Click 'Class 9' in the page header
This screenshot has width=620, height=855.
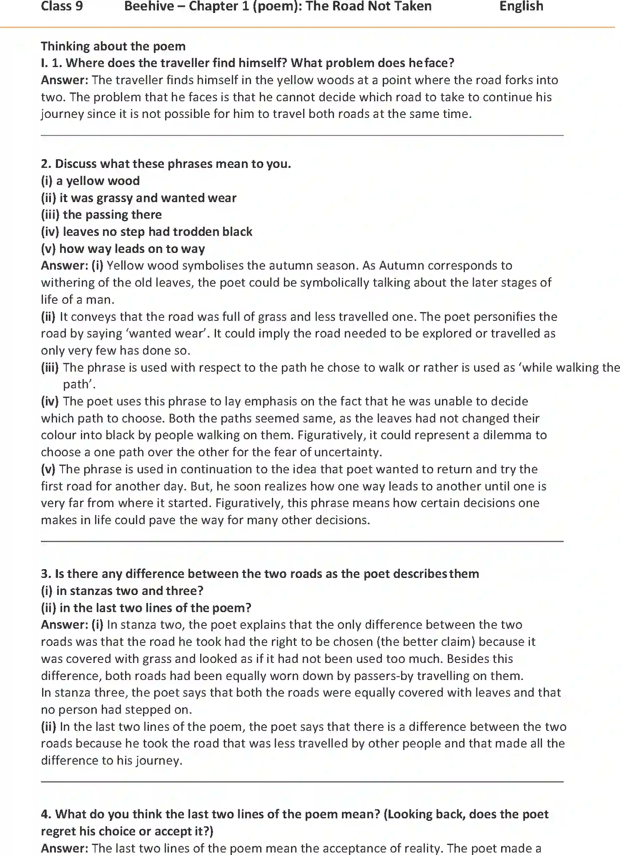click(62, 6)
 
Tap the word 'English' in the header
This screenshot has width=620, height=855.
click(521, 6)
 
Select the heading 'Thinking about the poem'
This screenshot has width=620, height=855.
click(113, 46)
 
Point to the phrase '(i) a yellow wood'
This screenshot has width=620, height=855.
click(90, 181)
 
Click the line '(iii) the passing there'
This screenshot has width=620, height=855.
click(101, 215)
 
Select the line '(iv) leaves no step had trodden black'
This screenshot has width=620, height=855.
click(146, 232)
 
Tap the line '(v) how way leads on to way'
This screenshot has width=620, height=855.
click(123, 249)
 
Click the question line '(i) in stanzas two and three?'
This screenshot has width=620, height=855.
click(122, 591)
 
